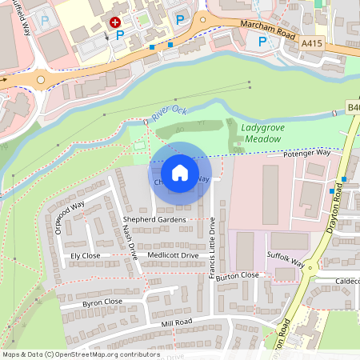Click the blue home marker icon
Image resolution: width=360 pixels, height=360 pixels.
click(x=180, y=173)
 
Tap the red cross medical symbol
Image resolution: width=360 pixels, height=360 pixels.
click(x=115, y=23)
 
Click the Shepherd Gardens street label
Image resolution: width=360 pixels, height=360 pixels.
click(x=154, y=219)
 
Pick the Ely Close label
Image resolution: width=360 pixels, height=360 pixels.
click(x=85, y=255)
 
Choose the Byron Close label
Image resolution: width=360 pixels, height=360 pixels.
click(x=102, y=302)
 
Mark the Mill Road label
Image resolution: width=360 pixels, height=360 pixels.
click(x=177, y=323)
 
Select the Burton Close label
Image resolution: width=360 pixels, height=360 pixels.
click(x=238, y=275)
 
